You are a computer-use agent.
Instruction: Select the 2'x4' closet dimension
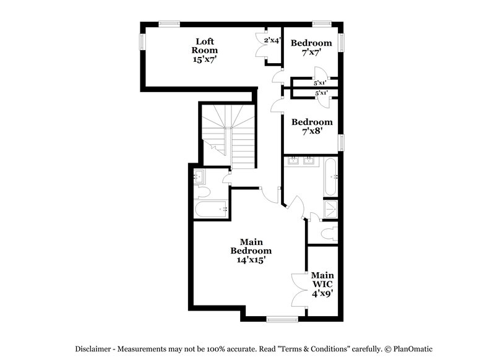click(272, 41)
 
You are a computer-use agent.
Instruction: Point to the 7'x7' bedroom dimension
click(311, 53)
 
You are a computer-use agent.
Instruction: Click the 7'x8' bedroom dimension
click(312, 132)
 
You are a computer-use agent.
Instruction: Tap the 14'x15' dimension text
click(251, 260)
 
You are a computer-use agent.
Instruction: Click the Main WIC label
click(323, 280)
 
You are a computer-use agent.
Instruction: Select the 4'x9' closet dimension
click(323, 294)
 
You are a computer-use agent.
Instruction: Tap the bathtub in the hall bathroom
click(210, 210)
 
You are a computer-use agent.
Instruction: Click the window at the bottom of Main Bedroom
click(282, 319)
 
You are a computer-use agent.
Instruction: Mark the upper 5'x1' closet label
click(320, 83)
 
